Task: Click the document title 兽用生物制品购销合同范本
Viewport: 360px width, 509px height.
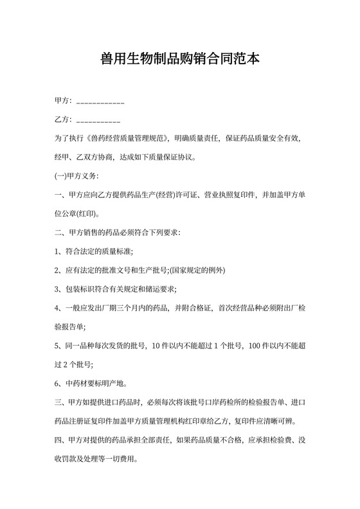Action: [x=180, y=59]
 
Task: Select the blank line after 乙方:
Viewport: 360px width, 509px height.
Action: [x=98, y=121]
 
